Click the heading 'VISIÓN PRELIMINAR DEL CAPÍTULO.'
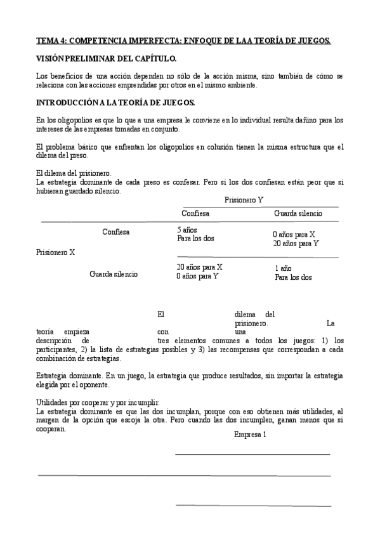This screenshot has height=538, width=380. [x=107, y=59]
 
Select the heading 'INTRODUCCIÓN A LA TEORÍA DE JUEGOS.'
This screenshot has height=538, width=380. [x=115, y=102]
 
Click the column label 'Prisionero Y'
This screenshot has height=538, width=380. [x=244, y=200]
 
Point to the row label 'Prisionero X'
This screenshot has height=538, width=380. [x=56, y=252]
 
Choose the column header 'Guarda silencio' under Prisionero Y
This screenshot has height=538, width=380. [x=298, y=214]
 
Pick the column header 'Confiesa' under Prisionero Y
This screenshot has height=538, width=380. [x=195, y=214]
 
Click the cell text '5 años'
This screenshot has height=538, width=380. [x=188, y=230]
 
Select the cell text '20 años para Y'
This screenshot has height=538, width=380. [x=296, y=243]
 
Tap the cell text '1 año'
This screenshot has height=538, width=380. [x=283, y=268]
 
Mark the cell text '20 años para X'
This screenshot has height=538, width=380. [x=199, y=267]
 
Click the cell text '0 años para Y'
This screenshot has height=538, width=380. [x=197, y=276]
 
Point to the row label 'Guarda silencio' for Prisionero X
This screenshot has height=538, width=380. [x=114, y=274]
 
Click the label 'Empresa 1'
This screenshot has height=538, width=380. [x=250, y=435]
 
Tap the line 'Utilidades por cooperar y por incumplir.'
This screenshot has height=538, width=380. [x=98, y=403]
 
